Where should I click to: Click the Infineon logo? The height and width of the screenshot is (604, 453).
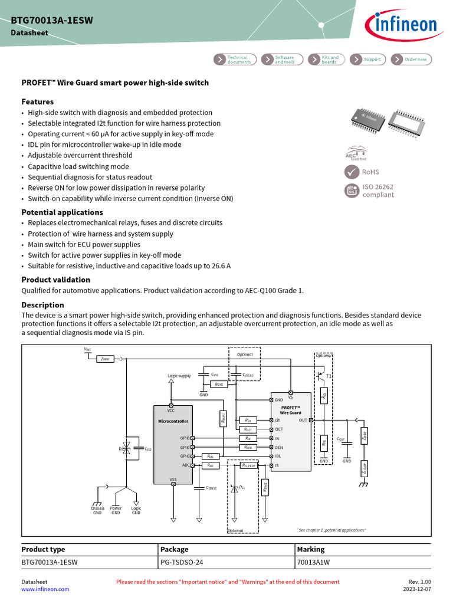coord(403,25)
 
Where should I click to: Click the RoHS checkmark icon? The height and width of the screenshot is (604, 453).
coord(352,172)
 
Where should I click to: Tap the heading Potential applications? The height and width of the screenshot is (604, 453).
coord(62,212)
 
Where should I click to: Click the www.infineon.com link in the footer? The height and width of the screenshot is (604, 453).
coord(45,589)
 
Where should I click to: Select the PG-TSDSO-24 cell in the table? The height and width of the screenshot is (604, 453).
coord(182,562)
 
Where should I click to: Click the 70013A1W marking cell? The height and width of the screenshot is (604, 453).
coord(313,562)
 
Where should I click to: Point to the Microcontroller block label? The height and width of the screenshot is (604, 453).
coord(173,421)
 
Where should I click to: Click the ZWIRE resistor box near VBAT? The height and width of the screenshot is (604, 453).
coord(106,358)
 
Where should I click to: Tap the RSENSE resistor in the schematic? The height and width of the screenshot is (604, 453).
coord(265,487)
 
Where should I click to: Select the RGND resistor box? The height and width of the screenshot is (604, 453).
coord(218,384)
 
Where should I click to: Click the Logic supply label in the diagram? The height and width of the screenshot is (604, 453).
coord(179,376)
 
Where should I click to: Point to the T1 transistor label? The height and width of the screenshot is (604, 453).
coord(329,376)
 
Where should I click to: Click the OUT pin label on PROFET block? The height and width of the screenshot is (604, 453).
coord(303,420)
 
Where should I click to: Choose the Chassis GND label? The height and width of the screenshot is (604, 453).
coord(97,510)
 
